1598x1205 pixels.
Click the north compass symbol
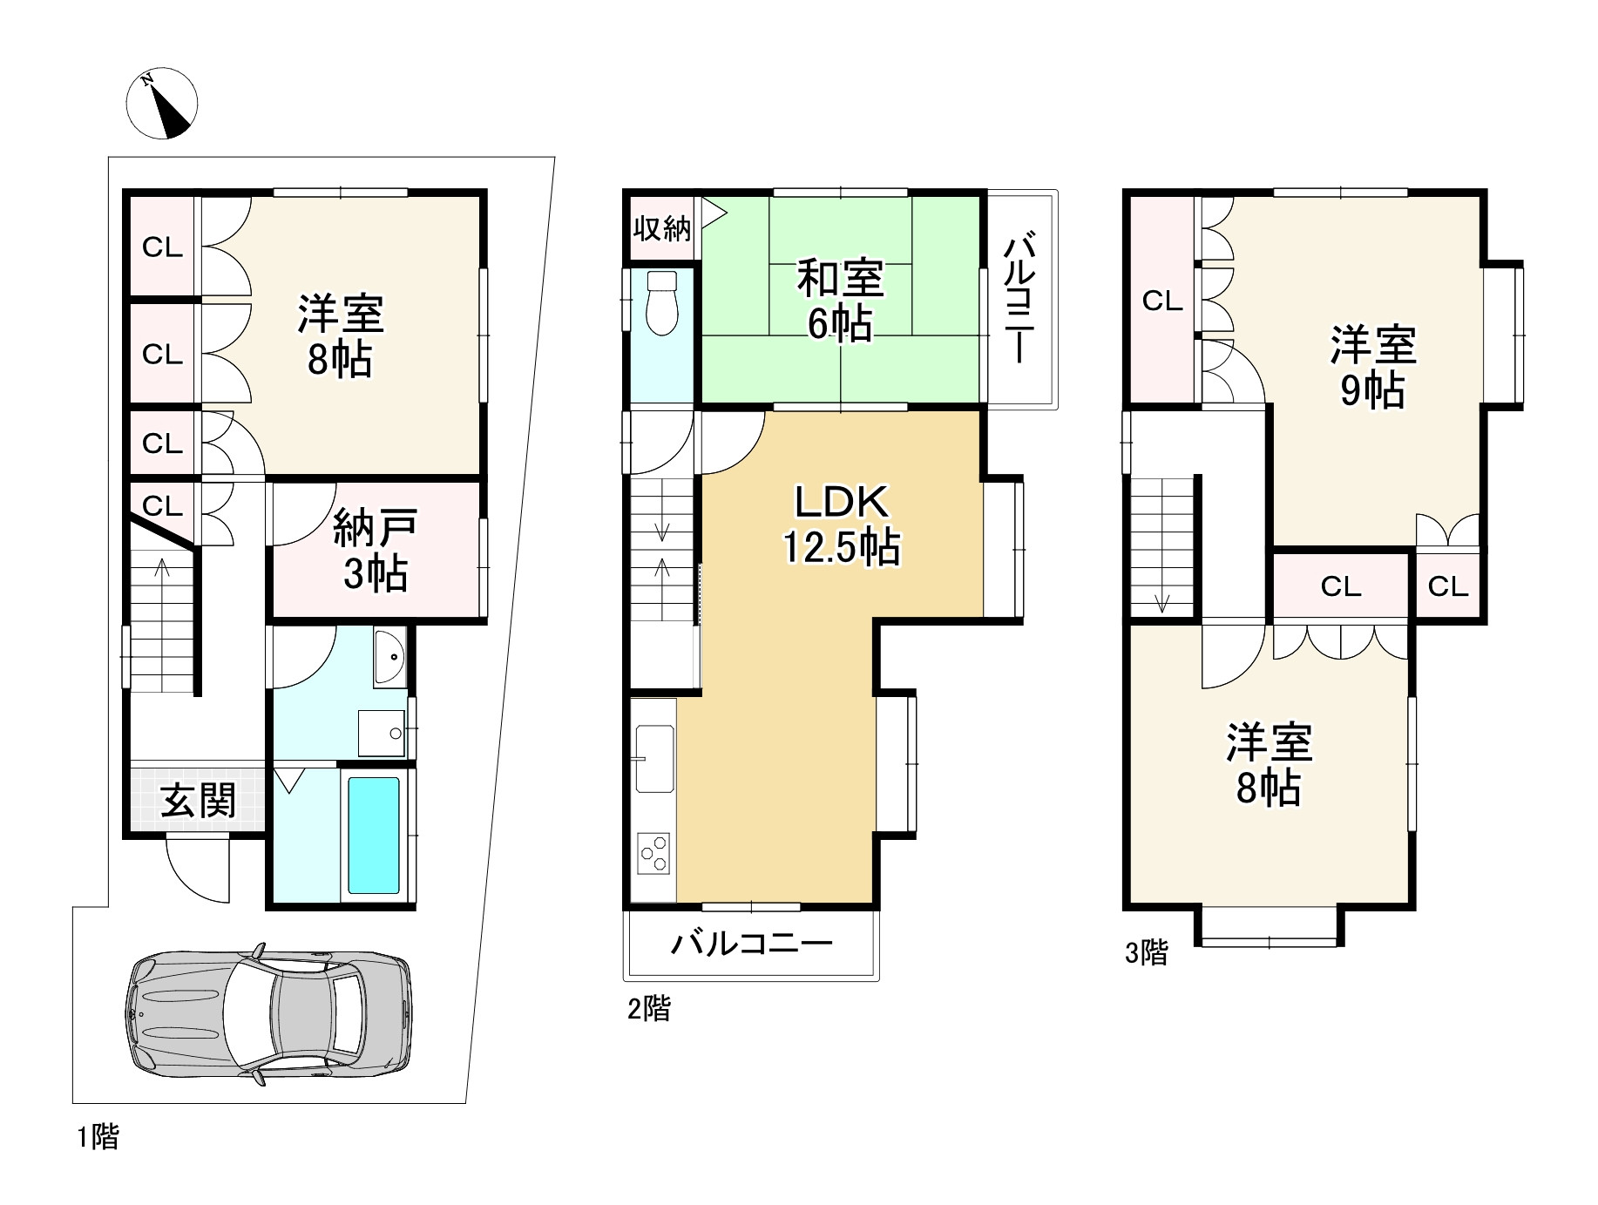[x=162, y=103]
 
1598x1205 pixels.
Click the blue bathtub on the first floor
[x=374, y=835]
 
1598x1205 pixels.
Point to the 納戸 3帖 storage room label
[x=376, y=551]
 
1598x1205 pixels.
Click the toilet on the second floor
[x=663, y=301]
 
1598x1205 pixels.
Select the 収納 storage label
[x=662, y=228]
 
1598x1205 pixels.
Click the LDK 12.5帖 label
[x=842, y=525]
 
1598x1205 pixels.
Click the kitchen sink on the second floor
[x=655, y=757]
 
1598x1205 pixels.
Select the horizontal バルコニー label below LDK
[x=752, y=944]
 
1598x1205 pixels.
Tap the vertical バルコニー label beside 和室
[x=1019, y=299]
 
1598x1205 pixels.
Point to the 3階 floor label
[x=1146, y=953]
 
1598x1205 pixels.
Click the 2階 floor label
[x=649, y=1009]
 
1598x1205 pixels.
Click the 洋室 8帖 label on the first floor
[x=341, y=335]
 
